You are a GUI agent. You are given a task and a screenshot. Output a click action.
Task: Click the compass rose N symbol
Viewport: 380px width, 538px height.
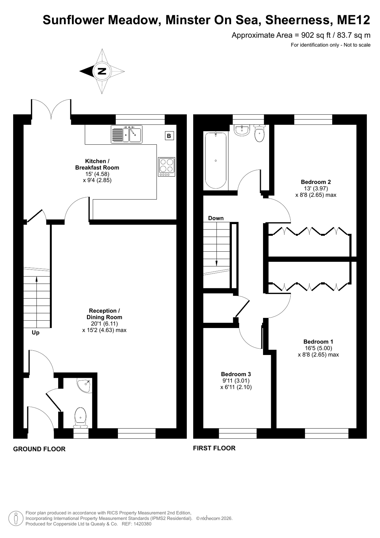102,71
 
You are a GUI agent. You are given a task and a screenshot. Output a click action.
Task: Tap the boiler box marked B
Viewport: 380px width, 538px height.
169,136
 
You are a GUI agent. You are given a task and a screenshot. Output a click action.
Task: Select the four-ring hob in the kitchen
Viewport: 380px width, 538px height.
167,167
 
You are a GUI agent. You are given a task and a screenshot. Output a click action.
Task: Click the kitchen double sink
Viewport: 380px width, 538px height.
126,134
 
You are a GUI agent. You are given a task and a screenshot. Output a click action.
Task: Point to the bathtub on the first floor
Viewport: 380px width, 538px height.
216,161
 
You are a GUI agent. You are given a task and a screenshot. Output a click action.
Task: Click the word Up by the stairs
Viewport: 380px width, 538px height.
36,333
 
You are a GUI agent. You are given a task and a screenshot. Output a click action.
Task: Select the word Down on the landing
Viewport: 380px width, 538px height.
216,218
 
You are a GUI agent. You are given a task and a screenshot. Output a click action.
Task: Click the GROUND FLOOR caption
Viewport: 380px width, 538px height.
39,449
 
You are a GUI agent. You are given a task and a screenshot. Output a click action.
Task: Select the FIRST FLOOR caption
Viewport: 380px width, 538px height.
214,448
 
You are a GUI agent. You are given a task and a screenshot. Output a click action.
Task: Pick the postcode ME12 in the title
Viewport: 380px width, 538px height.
353,20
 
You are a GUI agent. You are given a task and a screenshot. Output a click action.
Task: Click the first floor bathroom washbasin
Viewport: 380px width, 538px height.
242,131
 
